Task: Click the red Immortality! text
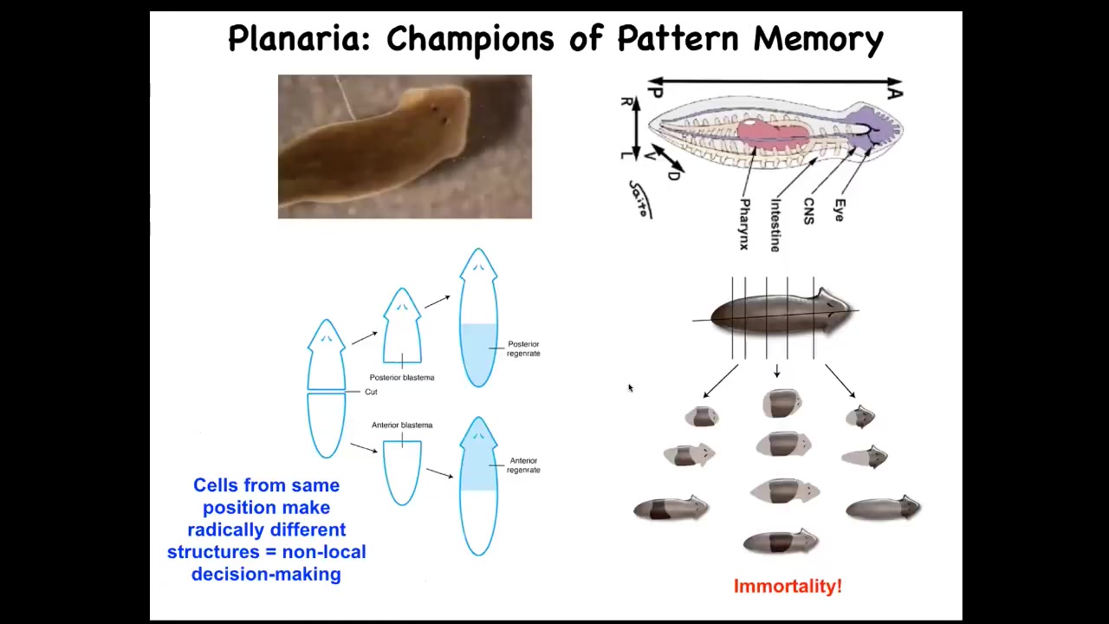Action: click(x=788, y=587)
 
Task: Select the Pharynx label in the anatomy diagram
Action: click(x=743, y=224)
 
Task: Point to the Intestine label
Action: click(x=775, y=224)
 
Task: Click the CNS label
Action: click(x=808, y=211)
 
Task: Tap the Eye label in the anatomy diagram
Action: click(x=839, y=210)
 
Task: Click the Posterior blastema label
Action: click(x=402, y=378)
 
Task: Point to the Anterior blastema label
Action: click(x=402, y=426)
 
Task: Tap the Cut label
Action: click(x=371, y=393)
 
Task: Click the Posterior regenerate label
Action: click(x=523, y=348)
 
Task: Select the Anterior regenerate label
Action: click(x=523, y=465)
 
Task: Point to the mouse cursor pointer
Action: click(x=630, y=388)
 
